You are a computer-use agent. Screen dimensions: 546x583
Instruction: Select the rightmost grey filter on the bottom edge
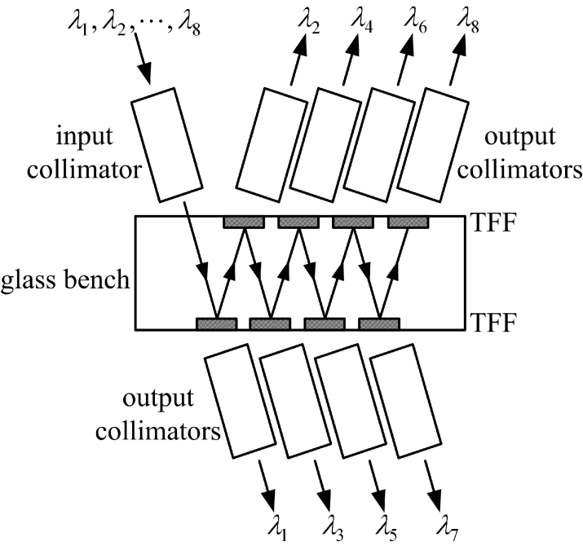coord(379,324)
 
